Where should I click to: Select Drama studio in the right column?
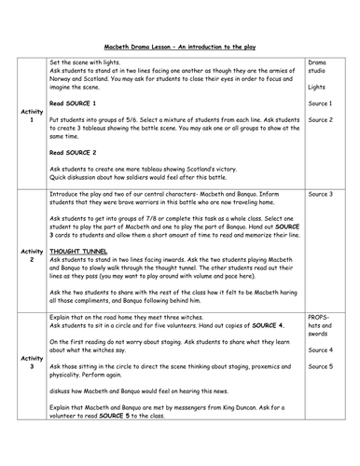pos(319,68)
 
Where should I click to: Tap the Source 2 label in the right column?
pos(320,119)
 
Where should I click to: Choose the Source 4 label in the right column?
pos(320,376)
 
